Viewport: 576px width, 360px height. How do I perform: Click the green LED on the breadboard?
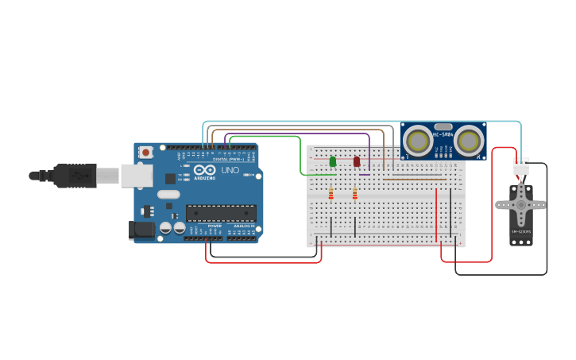333,162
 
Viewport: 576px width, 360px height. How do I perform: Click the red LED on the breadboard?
357,162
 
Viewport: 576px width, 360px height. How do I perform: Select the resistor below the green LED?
331,193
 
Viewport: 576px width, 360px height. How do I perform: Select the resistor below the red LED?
355,193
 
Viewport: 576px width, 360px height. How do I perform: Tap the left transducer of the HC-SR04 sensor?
418,141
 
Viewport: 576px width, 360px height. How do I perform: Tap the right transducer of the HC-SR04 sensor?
470,141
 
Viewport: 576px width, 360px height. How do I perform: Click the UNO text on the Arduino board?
230,171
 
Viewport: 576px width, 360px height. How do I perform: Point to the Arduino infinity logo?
204,170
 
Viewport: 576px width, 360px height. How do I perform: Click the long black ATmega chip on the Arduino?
221,213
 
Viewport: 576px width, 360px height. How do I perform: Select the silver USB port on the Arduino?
136,175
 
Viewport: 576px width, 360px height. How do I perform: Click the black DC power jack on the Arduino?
141,230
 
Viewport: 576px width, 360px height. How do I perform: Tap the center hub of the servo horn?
520,204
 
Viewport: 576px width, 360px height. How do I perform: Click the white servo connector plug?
521,165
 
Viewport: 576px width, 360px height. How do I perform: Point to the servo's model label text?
520,231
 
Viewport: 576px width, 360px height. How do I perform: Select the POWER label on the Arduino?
215,226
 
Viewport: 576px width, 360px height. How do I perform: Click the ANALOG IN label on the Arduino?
242,226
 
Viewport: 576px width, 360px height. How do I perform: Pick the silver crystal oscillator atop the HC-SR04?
443,127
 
